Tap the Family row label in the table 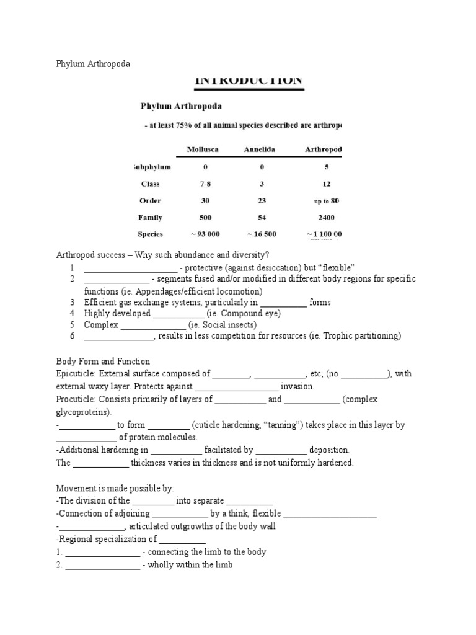coord(151,218)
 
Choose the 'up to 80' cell coord(327,202)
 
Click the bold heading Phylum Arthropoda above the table coord(181,107)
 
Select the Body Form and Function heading coord(103,362)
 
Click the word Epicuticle coord(75,374)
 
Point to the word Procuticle coord(75,400)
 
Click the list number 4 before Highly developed coord(72,314)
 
